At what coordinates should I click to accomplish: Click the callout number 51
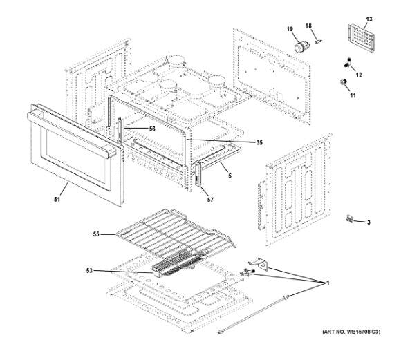click(57, 200)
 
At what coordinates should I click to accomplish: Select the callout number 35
click(259, 142)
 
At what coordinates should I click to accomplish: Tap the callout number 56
click(152, 129)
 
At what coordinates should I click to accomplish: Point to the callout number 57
click(210, 200)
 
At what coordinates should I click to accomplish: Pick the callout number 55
click(96, 234)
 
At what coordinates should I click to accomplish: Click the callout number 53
click(89, 270)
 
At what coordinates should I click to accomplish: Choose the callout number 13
click(369, 19)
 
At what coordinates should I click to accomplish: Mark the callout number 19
click(290, 29)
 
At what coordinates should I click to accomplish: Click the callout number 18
click(308, 26)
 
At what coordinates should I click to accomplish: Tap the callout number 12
click(359, 75)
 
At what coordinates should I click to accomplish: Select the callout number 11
click(353, 95)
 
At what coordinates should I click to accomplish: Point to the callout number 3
click(369, 222)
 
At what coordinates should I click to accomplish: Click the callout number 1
click(328, 283)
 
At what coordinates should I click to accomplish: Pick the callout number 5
click(230, 176)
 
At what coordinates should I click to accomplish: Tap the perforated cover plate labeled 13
click(362, 39)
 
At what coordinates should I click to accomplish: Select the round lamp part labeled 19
click(301, 47)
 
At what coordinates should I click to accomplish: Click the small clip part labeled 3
click(350, 219)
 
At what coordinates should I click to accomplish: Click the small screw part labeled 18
click(319, 41)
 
